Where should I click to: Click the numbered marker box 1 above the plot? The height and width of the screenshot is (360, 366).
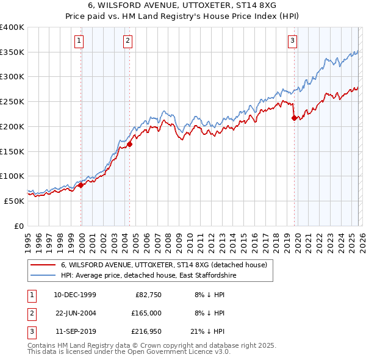click(x=80, y=41)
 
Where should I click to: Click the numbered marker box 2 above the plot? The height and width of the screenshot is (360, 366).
click(x=127, y=41)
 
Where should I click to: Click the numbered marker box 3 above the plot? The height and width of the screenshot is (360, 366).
click(x=292, y=41)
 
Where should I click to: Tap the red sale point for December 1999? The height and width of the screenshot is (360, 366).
click(x=81, y=185)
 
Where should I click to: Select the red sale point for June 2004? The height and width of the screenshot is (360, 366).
click(x=130, y=145)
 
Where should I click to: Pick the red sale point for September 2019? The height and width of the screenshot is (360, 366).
click(x=294, y=118)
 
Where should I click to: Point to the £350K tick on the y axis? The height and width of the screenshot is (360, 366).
click(x=12, y=52)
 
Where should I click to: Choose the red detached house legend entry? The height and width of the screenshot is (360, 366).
click(x=163, y=265)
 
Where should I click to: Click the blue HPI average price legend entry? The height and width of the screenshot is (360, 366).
click(x=148, y=276)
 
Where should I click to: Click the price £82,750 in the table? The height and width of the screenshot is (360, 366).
click(x=146, y=295)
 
